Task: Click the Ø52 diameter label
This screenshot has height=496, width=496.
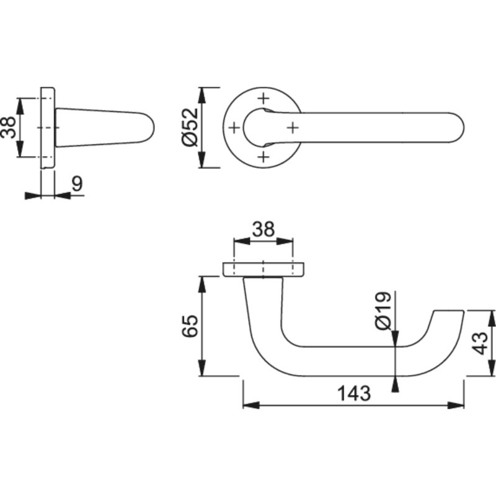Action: coord(190,127)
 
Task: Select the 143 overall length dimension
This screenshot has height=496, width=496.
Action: coord(353,394)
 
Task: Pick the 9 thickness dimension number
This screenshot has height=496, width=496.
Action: coord(77,184)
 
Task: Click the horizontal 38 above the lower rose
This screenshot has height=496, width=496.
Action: coord(263,230)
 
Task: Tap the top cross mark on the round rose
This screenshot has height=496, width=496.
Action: coord(263,98)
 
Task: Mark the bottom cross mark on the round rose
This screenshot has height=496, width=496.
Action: coord(263,156)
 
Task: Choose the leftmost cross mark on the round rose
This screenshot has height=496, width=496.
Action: coord(234,128)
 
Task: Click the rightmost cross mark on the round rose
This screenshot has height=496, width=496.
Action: coord(293,127)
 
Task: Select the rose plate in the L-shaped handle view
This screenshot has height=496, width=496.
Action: coord(263,269)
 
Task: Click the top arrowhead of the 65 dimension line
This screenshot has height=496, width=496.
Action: coord(202,282)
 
